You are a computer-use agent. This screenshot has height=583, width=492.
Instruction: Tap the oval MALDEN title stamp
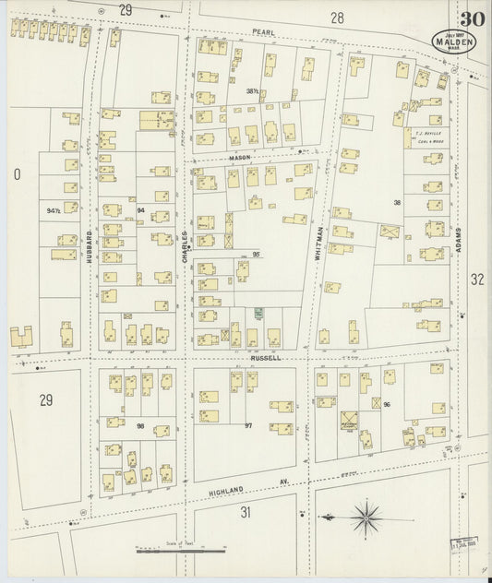tap(452, 42)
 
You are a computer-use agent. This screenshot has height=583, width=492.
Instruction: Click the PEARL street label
tap(265, 30)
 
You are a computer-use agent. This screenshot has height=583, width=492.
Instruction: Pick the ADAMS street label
tap(457, 244)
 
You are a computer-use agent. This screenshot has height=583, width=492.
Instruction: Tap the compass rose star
tap(368, 514)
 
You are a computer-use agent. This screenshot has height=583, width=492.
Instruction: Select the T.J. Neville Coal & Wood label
tap(428, 137)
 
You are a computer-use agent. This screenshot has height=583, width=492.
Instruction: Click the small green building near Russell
tap(259, 314)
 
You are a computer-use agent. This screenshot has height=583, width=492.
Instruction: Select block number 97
tap(247, 424)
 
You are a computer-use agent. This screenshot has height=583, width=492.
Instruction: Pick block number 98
tap(141, 424)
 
